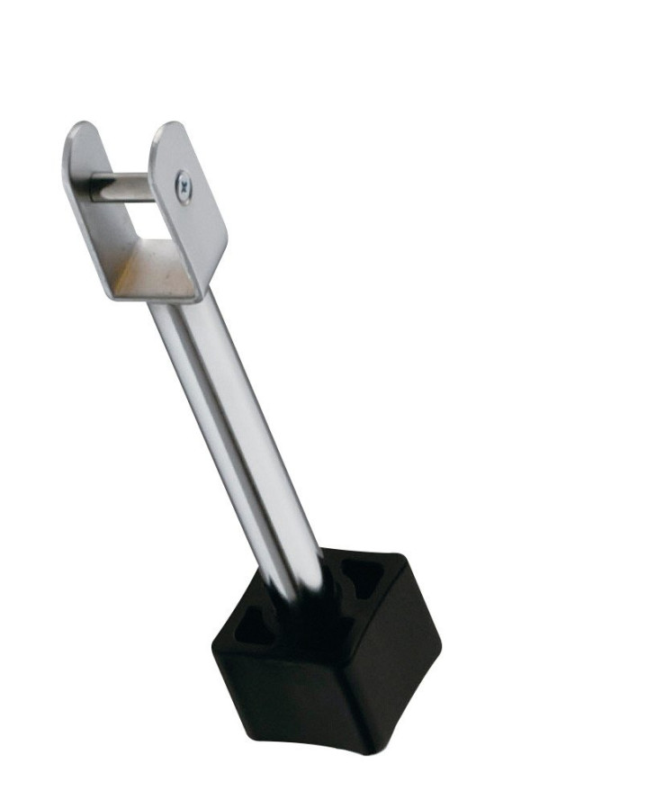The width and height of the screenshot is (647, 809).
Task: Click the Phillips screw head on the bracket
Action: pyautogui.click(x=184, y=190)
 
